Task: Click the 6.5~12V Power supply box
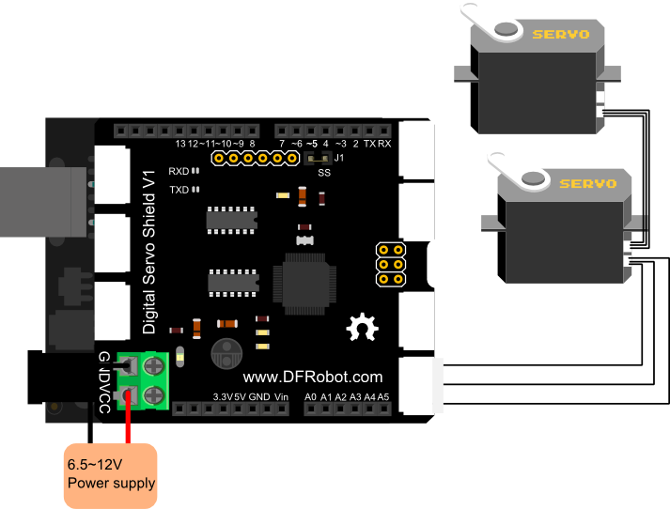tap(110, 474)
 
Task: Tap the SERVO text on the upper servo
tap(561, 35)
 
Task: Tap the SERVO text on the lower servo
tap(587, 183)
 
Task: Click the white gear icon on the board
tap(360, 328)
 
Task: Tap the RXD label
tap(179, 172)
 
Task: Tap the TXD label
tap(179, 189)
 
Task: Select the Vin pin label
tap(283, 396)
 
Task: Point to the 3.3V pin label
tap(222, 396)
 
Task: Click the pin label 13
tap(180, 144)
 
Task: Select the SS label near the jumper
tap(324, 173)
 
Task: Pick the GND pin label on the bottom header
tap(260, 396)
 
